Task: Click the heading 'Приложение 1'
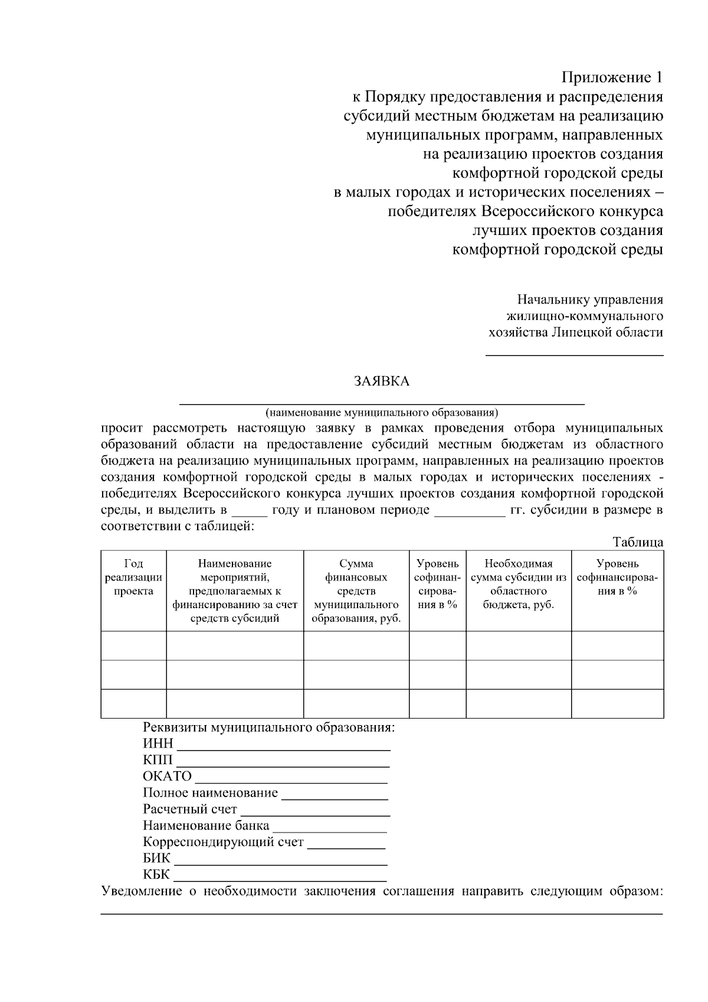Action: coord(611,77)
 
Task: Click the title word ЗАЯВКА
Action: coord(382,381)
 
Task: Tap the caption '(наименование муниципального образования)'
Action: coord(382,412)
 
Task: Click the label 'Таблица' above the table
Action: coord(637,542)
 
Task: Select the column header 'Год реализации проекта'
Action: coord(133,577)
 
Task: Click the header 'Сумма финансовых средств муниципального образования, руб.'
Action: coord(356,590)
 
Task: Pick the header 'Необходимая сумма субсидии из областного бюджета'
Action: coord(518,584)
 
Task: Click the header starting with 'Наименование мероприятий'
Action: coord(235,590)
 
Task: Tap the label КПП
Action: coord(158,760)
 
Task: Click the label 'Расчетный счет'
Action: coord(189,810)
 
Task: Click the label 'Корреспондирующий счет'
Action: coord(223,843)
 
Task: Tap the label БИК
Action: coord(156,859)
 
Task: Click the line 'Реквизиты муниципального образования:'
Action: coord(268,727)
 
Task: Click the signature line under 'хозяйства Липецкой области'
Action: coord(573,355)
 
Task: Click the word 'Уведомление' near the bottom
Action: coord(142,892)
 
